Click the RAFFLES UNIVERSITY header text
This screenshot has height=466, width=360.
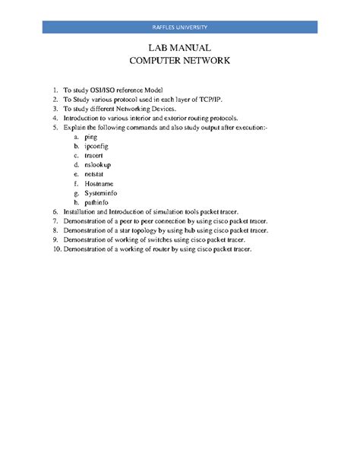tap(179, 27)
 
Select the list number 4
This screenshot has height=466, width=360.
tap(55, 119)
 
